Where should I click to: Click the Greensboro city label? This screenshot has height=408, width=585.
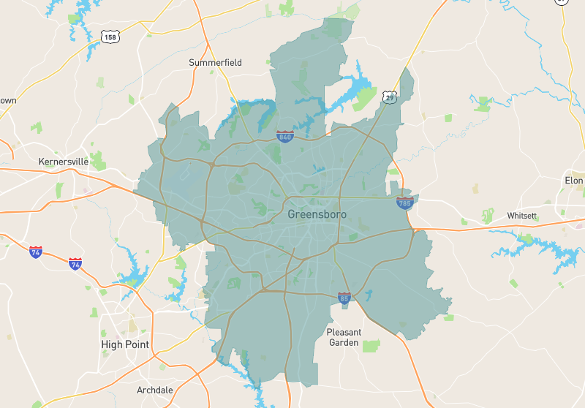(317, 214)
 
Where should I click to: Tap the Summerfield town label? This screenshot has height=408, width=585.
(215, 63)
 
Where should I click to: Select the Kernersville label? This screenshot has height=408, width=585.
(63, 161)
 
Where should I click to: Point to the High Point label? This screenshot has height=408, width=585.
(124, 344)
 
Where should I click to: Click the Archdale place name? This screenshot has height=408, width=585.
(155, 390)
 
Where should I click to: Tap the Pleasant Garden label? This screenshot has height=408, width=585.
(344, 337)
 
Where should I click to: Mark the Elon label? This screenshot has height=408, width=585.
(574, 181)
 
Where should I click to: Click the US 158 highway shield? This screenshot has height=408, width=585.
(110, 36)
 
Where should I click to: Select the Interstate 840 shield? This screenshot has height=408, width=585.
(285, 136)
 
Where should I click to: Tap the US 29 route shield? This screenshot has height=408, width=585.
(389, 97)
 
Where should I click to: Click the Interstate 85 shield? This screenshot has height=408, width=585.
(344, 298)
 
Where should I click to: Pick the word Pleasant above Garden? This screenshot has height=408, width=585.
(344, 332)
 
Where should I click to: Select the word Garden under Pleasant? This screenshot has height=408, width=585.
(344, 342)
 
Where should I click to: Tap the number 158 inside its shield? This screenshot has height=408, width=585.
(110, 37)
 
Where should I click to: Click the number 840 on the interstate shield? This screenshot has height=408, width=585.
(285, 137)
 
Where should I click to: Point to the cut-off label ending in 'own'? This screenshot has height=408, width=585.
(7, 100)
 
